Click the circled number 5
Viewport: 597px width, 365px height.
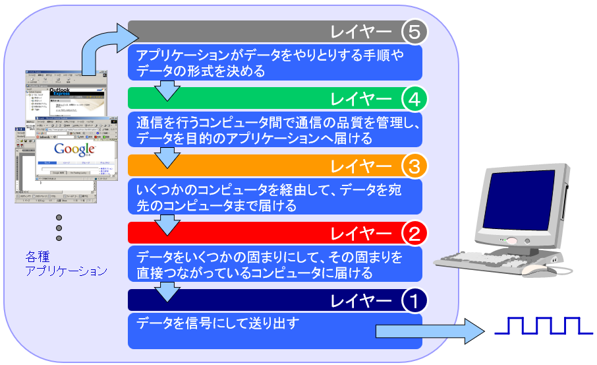(x=414, y=31)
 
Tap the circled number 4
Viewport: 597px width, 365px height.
(x=414, y=99)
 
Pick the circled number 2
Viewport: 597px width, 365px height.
(x=414, y=233)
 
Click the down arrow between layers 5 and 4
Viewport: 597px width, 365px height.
(x=169, y=90)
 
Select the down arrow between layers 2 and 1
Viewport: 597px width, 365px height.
(x=169, y=291)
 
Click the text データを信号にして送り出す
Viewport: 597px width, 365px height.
(x=218, y=323)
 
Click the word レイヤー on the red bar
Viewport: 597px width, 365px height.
(x=361, y=233)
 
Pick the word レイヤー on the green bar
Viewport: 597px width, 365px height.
(x=361, y=99)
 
